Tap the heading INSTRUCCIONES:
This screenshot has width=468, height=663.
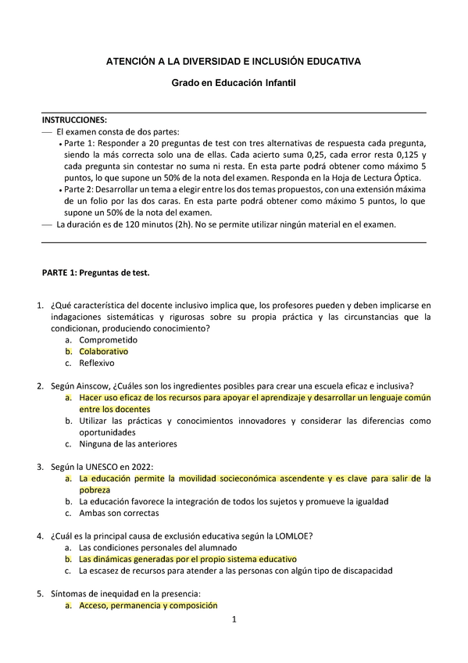pyautogui.click(x=74, y=120)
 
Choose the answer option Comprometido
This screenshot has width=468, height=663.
pyautogui.click(x=108, y=340)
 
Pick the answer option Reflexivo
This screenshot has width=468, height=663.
pyautogui.click(x=96, y=363)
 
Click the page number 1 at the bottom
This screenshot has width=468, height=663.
pyautogui.click(x=234, y=621)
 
